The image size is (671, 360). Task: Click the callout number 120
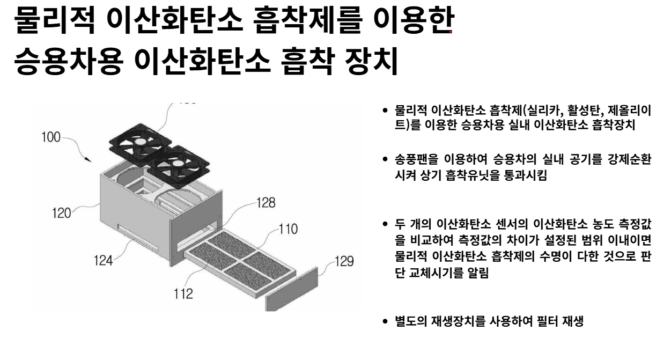[61, 213]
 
